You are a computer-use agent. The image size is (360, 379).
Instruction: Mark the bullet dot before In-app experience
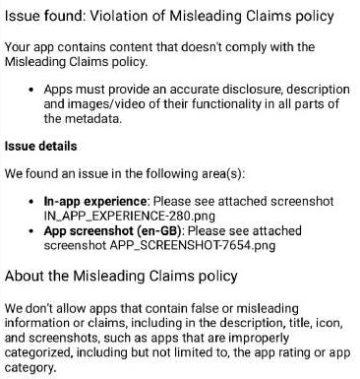(x=34, y=199)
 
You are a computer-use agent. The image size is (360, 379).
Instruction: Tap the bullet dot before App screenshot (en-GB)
(x=34, y=230)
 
